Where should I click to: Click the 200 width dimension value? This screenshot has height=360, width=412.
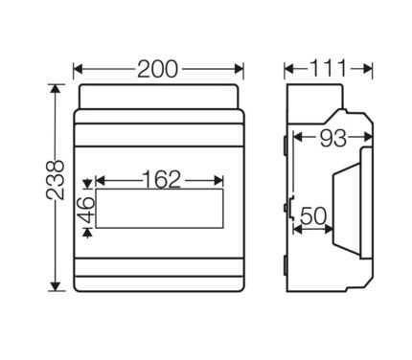157,69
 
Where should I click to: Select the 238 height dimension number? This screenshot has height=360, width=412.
56,180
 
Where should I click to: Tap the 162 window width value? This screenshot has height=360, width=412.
161,180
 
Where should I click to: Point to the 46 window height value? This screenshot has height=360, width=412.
85,210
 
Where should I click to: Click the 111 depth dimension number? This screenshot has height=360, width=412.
329,68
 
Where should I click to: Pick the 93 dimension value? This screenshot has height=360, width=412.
333,138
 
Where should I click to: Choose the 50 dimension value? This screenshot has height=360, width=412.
313,216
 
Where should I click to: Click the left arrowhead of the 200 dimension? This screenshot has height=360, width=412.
78,69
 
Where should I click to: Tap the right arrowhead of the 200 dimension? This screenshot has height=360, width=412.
240,69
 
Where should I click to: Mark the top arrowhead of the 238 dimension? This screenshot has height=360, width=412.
56,89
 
